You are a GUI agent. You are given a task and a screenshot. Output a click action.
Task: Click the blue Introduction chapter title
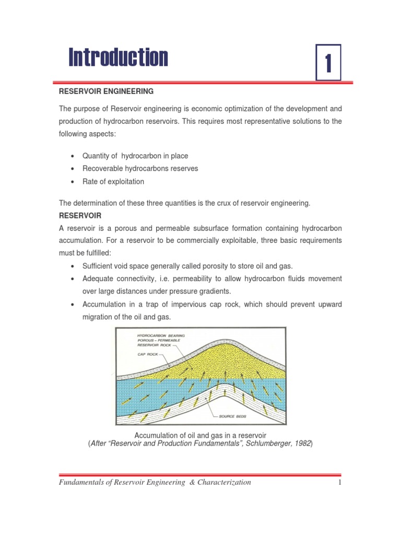(x=119, y=57)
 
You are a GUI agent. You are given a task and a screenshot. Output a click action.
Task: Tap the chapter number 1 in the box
(x=328, y=63)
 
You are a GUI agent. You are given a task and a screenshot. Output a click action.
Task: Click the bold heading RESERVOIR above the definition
(x=80, y=216)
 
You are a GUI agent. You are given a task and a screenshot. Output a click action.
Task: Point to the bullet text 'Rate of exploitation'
(x=113, y=182)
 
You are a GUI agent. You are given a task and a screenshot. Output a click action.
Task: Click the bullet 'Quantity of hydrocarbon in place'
(x=135, y=156)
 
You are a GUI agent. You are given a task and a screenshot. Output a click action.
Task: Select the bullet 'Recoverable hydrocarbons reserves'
(x=140, y=169)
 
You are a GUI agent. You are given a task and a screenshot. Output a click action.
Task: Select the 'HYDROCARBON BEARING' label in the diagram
(x=161, y=334)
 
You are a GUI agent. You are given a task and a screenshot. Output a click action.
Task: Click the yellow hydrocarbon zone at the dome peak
(x=219, y=355)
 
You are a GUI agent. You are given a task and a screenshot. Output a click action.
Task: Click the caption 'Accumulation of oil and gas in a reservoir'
(x=200, y=435)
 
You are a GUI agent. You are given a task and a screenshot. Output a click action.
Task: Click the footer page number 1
(x=339, y=482)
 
